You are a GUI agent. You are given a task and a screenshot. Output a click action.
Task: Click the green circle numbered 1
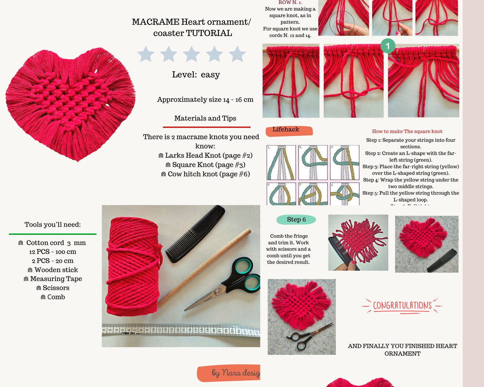[388, 46]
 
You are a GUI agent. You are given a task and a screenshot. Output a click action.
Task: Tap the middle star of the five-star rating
[191, 54]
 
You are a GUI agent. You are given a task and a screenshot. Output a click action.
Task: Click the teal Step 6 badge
[296, 219]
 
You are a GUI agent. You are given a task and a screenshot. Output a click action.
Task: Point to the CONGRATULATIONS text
[402, 306]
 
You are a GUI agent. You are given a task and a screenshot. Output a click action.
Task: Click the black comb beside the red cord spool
[195, 233]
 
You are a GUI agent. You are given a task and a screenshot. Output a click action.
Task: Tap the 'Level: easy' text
[196, 75]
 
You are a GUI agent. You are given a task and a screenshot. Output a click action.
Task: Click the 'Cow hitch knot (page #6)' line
[205, 174]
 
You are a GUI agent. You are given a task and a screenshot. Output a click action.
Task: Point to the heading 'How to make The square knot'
[407, 131]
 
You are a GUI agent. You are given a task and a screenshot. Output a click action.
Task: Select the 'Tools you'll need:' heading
[52, 225]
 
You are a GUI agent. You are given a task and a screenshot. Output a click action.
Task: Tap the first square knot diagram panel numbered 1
[281, 163]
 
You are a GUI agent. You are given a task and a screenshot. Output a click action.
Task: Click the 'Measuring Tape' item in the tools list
[53, 279]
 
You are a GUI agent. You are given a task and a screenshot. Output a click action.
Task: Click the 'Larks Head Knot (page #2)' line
[205, 155]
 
